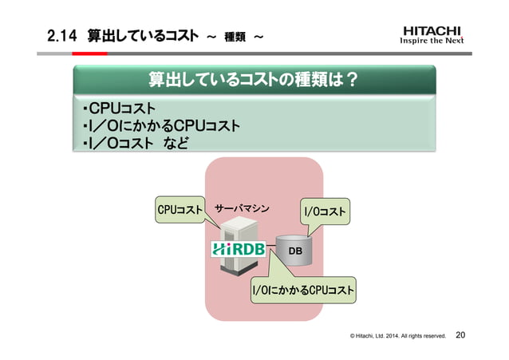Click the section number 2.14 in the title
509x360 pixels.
tap(61, 36)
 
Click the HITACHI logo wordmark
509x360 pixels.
tap(432, 31)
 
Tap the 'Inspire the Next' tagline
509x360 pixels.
tap(432, 43)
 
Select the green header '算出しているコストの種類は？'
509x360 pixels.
tap(254, 81)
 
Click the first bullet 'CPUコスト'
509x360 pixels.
tap(121, 109)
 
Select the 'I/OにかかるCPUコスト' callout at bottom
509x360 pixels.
tap(302, 289)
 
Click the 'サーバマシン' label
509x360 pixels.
tap(242, 210)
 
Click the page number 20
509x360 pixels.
tap(461, 335)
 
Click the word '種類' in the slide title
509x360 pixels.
tap(234, 37)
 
